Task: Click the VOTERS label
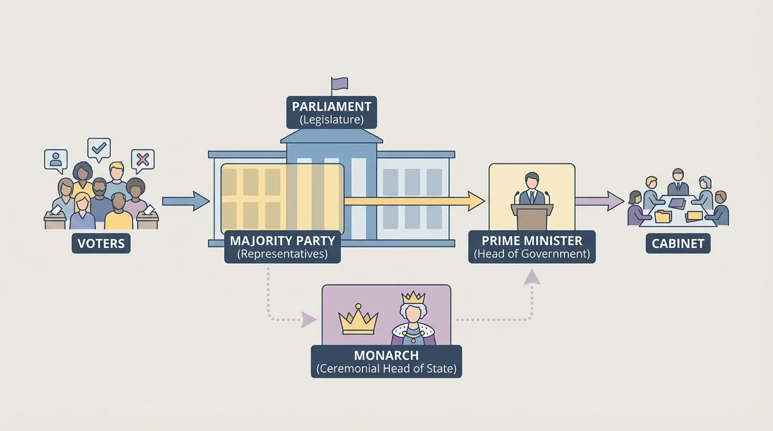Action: click(101, 244)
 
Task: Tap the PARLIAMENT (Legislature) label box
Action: click(331, 112)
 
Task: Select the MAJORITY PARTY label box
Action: click(283, 247)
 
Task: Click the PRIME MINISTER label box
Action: click(531, 247)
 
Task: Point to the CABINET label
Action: click(678, 244)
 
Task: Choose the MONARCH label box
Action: click(387, 361)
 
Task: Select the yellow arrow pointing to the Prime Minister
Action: click(416, 201)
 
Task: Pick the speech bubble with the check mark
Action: click(99, 149)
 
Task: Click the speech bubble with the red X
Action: click(143, 160)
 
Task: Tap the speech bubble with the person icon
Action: click(56, 159)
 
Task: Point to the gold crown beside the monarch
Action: click(358, 321)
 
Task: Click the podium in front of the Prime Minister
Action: click(531, 215)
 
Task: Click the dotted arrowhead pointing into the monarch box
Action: click(308, 320)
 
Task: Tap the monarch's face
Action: click(413, 313)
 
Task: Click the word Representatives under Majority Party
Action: click(283, 254)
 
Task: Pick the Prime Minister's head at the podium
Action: click(531, 181)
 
